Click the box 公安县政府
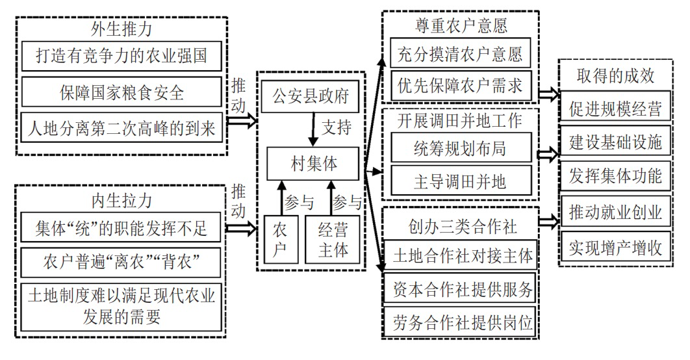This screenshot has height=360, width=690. click(x=310, y=98)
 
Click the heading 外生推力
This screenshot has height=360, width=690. click(x=122, y=29)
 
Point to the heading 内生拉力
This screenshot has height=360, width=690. click(x=122, y=199)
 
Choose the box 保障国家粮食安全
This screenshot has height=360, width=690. click(x=122, y=92)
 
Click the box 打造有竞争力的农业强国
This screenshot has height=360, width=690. click(x=122, y=57)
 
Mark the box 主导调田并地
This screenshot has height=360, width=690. click(x=460, y=181)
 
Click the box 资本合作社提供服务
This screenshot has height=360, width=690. click(x=460, y=290)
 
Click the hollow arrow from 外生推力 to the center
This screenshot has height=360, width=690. click(x=243, y=121)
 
